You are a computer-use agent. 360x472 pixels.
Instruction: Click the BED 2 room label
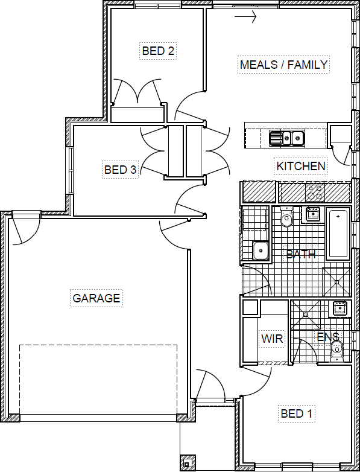(x=158, y=51)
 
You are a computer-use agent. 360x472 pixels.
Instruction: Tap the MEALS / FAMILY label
(x=283, y=65)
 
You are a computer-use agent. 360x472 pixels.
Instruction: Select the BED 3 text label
(x=120, y=170)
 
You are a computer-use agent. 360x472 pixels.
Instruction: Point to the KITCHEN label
(x=301, y=166)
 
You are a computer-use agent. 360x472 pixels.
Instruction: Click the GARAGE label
(x=96, y=298)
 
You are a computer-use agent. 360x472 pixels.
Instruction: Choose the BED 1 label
(x=297, y=413)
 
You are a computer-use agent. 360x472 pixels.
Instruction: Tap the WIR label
(x=272, y=339)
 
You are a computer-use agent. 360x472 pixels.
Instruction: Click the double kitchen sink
(x=287, y=138)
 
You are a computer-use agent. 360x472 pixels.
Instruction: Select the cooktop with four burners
(x=315, y=193)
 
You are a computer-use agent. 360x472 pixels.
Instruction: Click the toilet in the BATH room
(x=286, y=217)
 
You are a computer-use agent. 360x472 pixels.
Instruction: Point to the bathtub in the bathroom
(x=338, y=234)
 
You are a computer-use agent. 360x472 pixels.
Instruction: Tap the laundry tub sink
(x=261, y=250)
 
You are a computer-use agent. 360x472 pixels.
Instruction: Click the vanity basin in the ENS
(x=340, y=308)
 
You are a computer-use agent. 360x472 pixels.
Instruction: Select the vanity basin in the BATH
(x=313, y=214)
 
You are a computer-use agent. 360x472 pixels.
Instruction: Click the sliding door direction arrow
(x=245, y=16)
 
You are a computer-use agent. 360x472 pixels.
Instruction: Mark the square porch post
(x=188, y=463)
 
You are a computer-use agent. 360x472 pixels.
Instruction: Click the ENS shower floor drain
(x=306, y=314)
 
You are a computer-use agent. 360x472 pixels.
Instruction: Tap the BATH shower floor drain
(x=337, y=282)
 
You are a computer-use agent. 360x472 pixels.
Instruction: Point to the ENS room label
(x=329, y=337)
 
